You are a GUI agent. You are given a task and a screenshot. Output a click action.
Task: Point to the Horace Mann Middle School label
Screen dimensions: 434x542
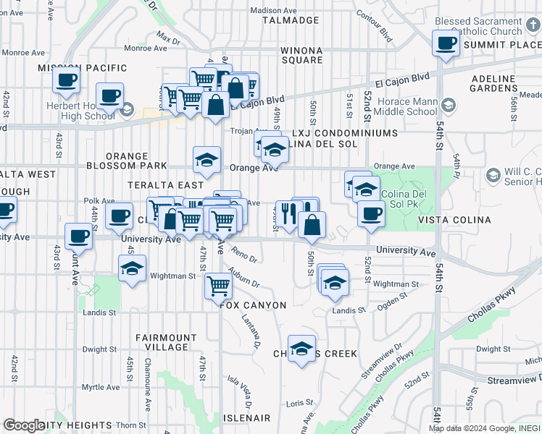pos(401,106)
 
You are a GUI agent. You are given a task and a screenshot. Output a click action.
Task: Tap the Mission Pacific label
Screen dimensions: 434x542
pos(77,68)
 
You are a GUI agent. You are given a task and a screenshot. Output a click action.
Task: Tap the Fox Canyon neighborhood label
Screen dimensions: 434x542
pos(254,305)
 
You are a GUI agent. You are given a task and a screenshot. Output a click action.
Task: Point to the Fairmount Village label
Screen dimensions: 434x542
pos(167,342)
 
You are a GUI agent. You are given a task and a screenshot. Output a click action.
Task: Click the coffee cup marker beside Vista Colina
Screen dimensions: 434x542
pos(371,214)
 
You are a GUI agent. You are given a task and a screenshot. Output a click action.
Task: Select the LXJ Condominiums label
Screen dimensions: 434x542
pos(346,134)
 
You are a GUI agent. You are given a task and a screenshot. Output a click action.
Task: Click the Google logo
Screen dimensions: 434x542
pos(23,425)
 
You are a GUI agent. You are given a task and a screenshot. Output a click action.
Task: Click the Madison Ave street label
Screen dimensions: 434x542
pos(274,11)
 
